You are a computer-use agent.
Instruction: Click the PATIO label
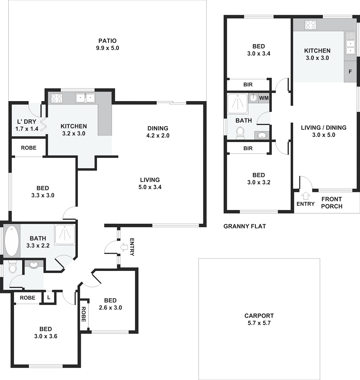click(x=107, y=41)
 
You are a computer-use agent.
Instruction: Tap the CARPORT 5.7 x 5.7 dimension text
click(x=259, y=323)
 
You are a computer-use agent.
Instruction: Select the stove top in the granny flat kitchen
click(x=310, y=25)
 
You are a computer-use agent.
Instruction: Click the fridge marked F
click(x=350, y=71)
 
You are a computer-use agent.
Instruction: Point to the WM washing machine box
click(x=264, y=98)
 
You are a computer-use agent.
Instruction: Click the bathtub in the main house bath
click(x=12, y=241)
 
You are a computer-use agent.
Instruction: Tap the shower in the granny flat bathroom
click(x=238, y=104)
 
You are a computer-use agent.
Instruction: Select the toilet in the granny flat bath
click(x=240, y=133)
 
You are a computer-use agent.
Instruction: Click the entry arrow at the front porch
click(x=305, y=196)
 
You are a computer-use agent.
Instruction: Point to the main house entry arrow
click(x=124, y=247)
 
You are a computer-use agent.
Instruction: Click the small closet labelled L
click(x=49, y=297)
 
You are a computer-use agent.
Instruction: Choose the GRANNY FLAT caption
click(x=244, y=226)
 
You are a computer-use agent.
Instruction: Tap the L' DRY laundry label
click(x=27, y=122)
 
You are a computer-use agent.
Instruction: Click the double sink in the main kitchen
click(x=85, y=98)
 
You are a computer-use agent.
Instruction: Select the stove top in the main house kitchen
click(x=57, y=98)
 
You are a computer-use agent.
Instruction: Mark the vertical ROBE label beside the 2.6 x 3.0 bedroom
click(x=83, y=314)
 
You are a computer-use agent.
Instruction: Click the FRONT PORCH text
click(x=331, y=203)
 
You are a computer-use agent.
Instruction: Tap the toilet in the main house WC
click(x=13, y=267)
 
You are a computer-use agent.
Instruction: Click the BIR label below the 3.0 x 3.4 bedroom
click(x=248, y=84)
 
